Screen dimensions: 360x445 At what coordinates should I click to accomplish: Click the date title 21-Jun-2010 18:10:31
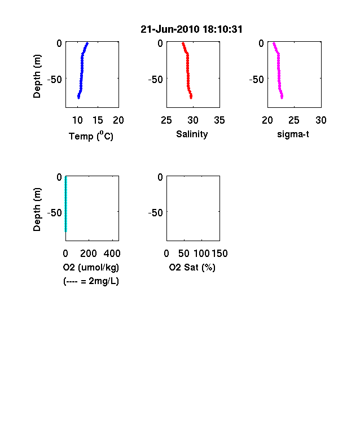pos(191,29)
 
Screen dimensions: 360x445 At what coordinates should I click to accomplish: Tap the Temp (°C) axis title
pos(91,136)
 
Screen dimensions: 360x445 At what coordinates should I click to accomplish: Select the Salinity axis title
pos(192,134)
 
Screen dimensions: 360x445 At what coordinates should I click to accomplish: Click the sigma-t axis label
pos(293,134)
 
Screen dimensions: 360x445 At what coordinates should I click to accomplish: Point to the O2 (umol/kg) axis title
pos(91,267)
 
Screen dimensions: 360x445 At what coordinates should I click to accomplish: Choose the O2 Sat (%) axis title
pos(192,267)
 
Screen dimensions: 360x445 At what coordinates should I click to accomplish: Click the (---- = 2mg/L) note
pos(91,281)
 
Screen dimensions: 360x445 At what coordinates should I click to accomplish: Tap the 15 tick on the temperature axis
pos(98,120)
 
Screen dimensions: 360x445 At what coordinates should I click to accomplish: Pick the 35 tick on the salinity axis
pos(219,120)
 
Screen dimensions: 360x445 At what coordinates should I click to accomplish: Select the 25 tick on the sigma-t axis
pos(294,120)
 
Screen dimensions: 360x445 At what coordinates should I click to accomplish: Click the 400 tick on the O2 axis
pos(112,254)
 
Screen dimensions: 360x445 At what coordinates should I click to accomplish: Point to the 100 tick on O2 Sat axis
pos(201,254)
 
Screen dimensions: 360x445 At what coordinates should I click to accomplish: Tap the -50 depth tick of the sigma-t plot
pos(257,80)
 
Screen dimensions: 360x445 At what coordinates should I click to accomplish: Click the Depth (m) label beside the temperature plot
pos(37,76)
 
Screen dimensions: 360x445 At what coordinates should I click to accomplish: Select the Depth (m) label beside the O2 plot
pos(37,210)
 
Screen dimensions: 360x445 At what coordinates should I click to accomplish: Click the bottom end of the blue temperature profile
pos(78,98)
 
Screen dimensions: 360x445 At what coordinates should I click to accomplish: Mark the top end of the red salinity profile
pos(183,43)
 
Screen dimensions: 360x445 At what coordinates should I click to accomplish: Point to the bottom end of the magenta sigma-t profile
pos(282,98)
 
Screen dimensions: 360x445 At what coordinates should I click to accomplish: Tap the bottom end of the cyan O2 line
pos(66,231)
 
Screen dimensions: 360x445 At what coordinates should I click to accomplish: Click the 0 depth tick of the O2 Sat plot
pos(160,177)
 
